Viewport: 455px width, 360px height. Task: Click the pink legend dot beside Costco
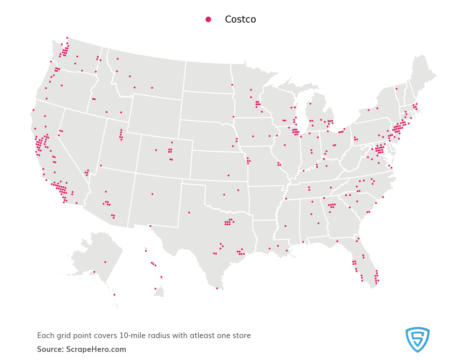[x=208, y=20]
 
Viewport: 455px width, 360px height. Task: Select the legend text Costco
[x=240, y=20]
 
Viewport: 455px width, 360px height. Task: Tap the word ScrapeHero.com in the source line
[x=96, y=349]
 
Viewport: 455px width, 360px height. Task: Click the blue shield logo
[x=417, y=339]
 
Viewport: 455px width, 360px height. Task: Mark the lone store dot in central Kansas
[x=228, y=175]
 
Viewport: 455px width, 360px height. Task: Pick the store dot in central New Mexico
[x=152, y=194]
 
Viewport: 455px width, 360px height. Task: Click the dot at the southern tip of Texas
[x=217, y=288]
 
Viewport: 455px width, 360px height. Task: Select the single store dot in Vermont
[x=396, y=89]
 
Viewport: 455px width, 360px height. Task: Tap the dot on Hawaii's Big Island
[x=155, y=289]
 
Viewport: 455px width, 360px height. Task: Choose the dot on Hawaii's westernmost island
[x=146, y=251]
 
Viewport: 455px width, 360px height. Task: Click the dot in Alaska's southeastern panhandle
[x=114, y=295]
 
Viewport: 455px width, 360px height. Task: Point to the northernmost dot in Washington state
[x=67, y=38]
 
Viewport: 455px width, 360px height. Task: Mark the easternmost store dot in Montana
[x=152, y=88]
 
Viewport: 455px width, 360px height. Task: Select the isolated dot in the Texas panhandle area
[x=189, y=212]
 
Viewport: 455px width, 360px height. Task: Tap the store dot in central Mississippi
[x=285, y=226]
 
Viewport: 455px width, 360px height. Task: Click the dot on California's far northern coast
[x=33, y=110]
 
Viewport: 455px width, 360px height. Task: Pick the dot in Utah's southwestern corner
[x=101, y=166]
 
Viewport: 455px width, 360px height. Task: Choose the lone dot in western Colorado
[x=156, y=150]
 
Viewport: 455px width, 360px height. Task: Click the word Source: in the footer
[x=50, y=349]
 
